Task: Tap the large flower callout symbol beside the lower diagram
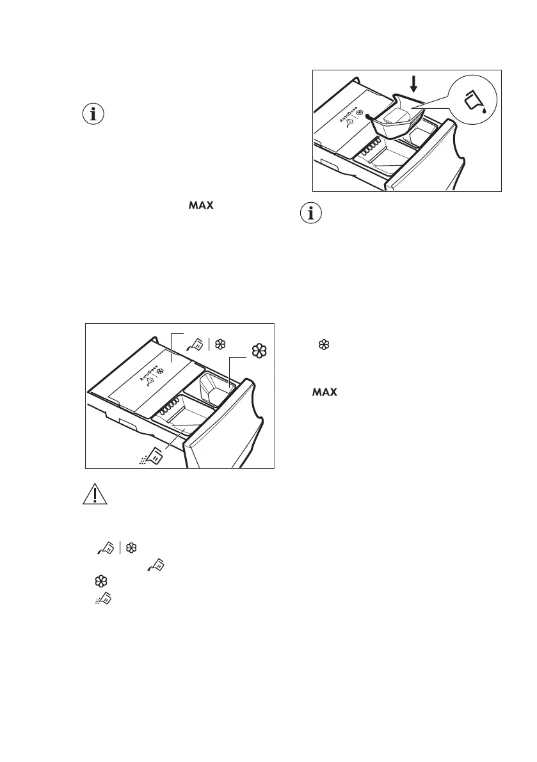pos(259,351)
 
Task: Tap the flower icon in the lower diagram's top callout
pos(220,344)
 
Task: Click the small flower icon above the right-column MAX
pos(324,345)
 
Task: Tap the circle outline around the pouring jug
pos(452,99)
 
